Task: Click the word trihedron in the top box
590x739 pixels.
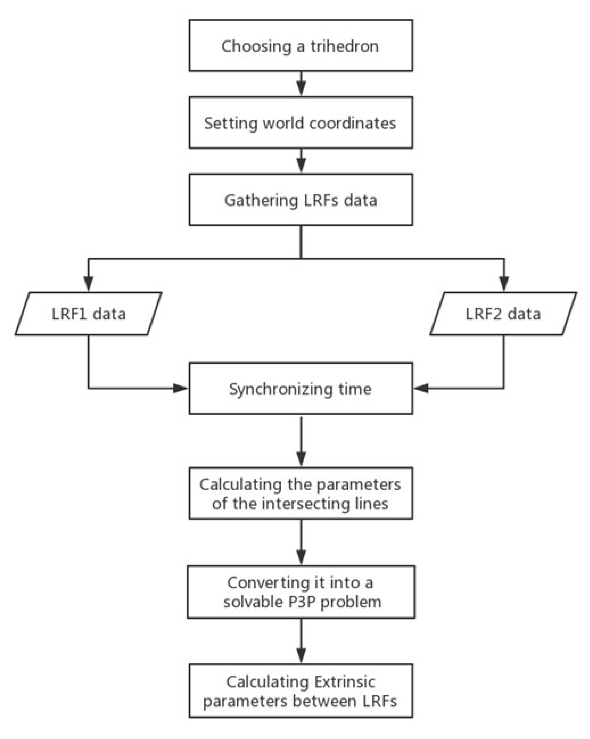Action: tap(344, 46)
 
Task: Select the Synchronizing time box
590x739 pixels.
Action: tap(300, 388)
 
